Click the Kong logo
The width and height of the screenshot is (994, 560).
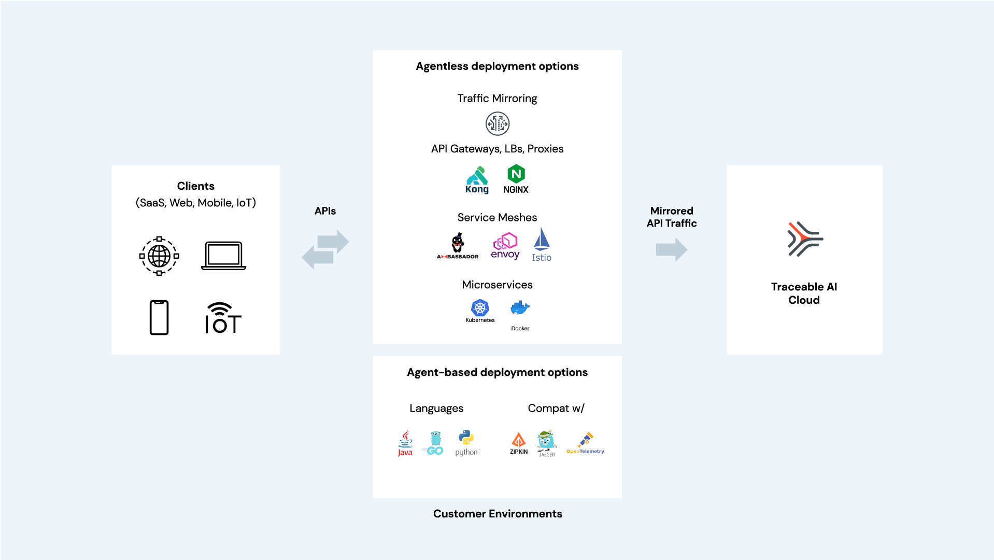click(x=477, y=179)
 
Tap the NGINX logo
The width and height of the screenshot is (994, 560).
click(x=516, y=179)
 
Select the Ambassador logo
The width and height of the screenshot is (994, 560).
click(x=458, y=246)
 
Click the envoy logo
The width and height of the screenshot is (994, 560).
click(x=505, y=246)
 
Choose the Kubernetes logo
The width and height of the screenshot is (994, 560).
click(x=480, y=311)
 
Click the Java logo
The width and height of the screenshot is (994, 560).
click(x=405, y=443)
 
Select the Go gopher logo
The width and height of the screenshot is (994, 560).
click(x=434, y=443)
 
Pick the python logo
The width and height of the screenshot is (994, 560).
click(x=467, y=443)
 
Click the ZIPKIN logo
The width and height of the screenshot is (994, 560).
click(x=519, y=443)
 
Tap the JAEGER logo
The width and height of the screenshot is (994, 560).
click(x=547, y=443)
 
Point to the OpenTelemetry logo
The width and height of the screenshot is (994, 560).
click(x=585, y=443)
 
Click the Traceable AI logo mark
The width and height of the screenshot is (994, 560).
click(x=804, y=239)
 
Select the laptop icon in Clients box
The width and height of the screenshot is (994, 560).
click(x=224, y=256)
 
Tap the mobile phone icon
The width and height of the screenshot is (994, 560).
click(x=159, y=317)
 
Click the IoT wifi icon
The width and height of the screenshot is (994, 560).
click(x=223, y=318)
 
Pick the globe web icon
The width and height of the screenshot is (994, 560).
click(x=159, y=256)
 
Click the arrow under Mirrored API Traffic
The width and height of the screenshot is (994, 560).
click(x=672, y=250)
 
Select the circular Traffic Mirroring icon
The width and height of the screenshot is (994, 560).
click(x=498, y=124)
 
